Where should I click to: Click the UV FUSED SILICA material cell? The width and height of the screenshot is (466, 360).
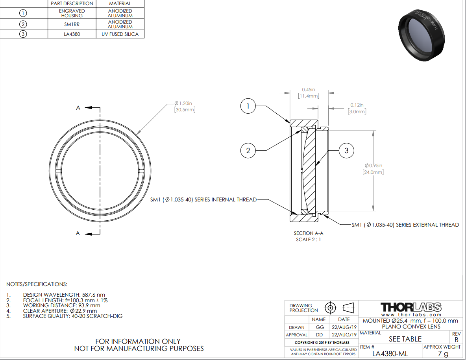pyautogui.click(x=120, y=34)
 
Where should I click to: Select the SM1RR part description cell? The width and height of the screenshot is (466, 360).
pyautogui.click(x=72, y=24)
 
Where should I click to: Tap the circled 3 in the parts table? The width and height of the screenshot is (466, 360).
pyautogui.click(x=23, y=34)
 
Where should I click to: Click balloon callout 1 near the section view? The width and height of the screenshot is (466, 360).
pyautogui.click(x=248, y=106)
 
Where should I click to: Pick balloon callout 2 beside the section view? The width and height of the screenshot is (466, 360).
pyautogui.click(x=248, y=151)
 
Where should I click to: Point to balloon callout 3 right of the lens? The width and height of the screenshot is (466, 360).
pyautogui.click(x=346, y=151)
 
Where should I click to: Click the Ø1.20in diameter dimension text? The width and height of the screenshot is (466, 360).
pyautogui.click(x=185, y=106)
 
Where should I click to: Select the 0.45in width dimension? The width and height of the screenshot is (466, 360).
pyautogui.click(x=309, y=93)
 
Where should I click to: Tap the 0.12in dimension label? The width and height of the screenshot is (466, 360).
pyautogui.click(x=357, y=108)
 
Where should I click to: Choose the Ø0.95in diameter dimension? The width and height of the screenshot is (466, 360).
pyautogui.click(x=373, y=169)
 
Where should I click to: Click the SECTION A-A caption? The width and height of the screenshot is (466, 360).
pyautogui.click(x=309, y=233)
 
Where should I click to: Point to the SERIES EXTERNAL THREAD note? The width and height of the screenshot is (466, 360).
pyautogui.click(x=405, y=225)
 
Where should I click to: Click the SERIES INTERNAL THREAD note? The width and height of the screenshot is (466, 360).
pyautogui.click(x=203, y=199)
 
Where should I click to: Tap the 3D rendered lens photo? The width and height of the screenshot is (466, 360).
pyautogui.click(x=422, y=35)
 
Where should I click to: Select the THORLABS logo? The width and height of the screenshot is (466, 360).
pyautogui.click(x=411, y=307)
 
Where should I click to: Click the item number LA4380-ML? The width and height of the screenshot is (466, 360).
pyautogui.click(x=390, y=353)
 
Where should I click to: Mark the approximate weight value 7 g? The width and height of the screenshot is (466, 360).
pyautogui.click(x=443, y=353)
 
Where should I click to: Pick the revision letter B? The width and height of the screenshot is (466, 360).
pyautogui.click(x=457, y=340)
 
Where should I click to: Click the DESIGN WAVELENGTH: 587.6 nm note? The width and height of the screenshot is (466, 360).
pyautogui.click(x=64, y=295)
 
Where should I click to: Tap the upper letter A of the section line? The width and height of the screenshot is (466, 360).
pyautogui.click(x=78, y=108)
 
